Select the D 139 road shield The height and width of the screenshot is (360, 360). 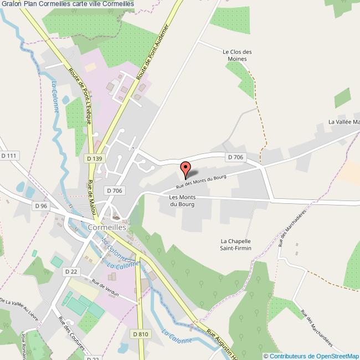(x=95, y=158)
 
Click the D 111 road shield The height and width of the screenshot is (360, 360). (x=9, y=156)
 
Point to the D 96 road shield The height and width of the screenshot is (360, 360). (x=41, y=205)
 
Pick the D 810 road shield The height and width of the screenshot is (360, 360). (x=141, y=334)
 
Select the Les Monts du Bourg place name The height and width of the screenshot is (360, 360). (x=182, y=200)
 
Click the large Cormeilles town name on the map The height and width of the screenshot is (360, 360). (x=107, y=227)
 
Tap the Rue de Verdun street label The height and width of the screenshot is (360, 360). (x=106, y=287)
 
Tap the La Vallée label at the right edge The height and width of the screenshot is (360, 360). (x=344, y=122)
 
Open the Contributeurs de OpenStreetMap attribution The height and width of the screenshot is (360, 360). (x=311, y=356)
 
